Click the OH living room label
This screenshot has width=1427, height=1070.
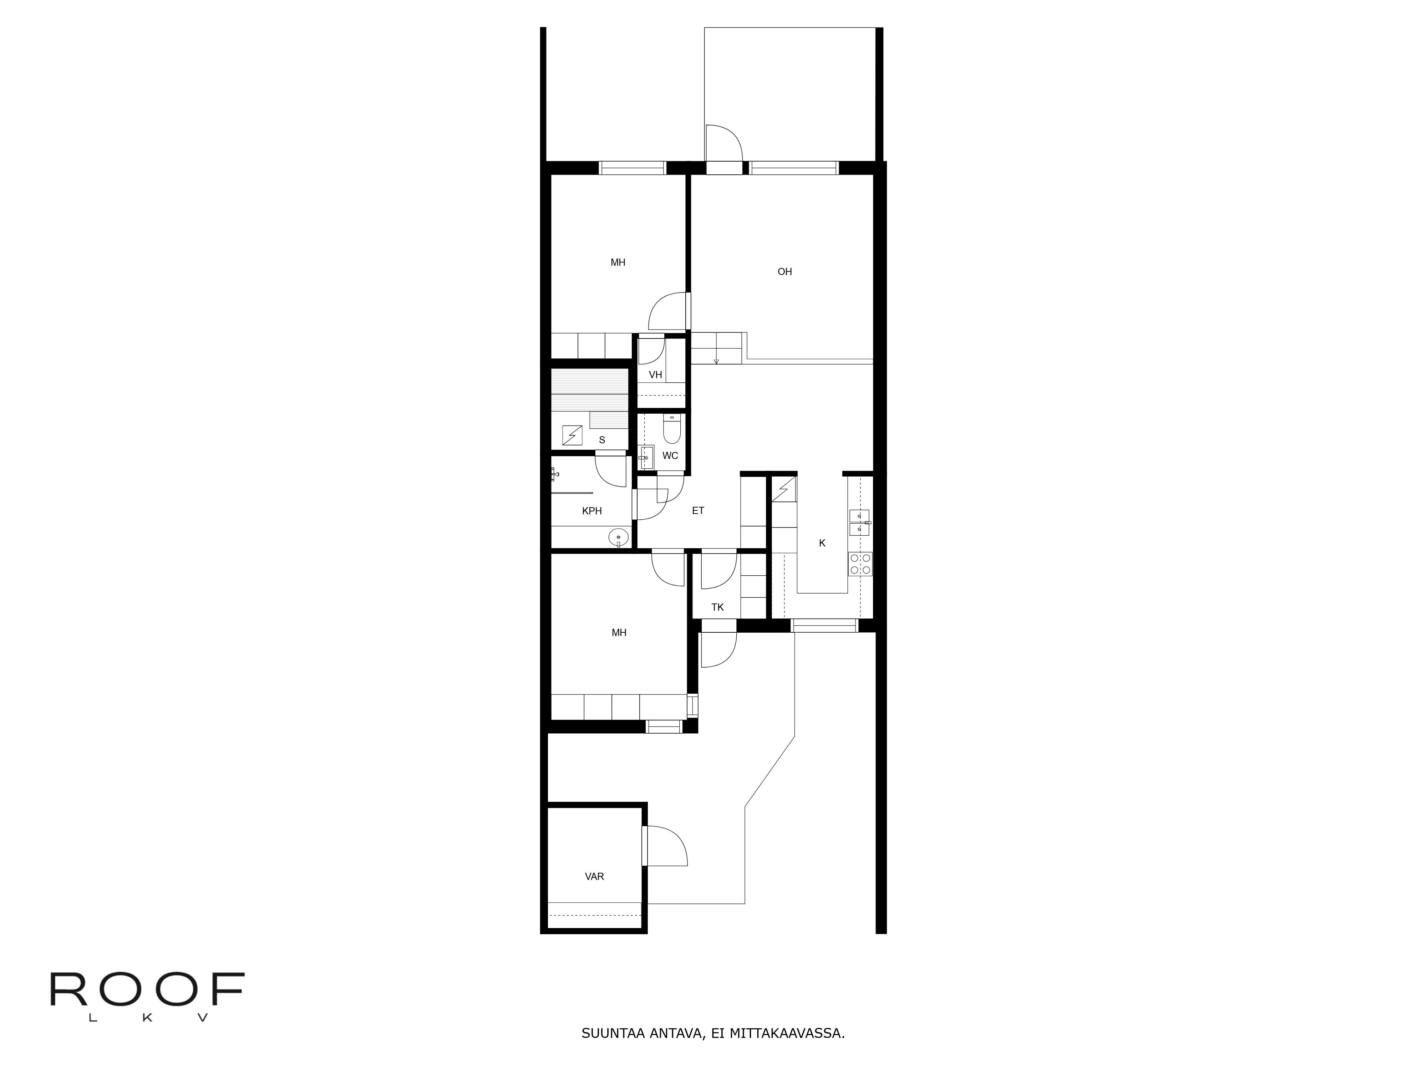[784, 271]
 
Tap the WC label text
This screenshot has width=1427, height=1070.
[670, 455]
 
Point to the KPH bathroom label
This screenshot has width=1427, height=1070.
[591, 511]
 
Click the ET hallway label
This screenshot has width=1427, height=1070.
[698, 510]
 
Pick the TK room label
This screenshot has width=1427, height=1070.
[717, 607]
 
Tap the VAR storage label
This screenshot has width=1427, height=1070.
[594, 877]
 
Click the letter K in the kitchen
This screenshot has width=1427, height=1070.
[822, 543]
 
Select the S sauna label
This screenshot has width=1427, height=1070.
[602, 440]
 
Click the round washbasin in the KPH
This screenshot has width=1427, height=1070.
[618, 537]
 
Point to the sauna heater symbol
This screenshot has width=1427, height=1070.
[572, 435]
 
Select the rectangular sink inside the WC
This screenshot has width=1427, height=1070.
[646, 457]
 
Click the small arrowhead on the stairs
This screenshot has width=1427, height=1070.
[716, 361]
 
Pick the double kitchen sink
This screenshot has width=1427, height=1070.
[860, 523]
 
